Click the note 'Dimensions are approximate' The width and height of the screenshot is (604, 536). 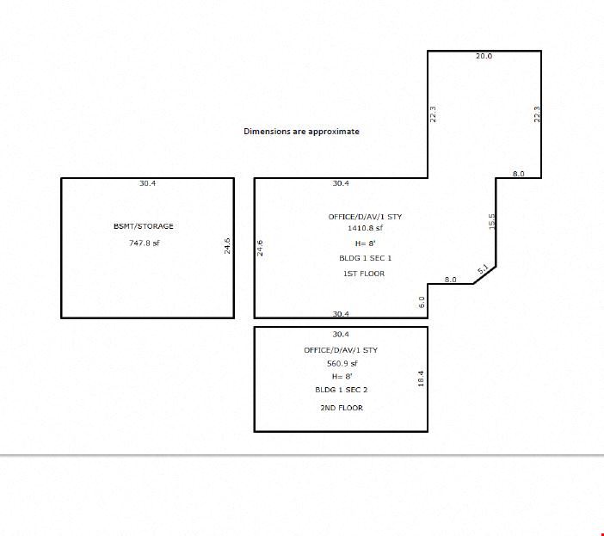click(x=301, y=132)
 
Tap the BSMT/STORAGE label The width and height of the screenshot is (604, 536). click(x=144, y=226)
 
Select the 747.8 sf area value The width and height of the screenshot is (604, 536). click(x=144, y=243)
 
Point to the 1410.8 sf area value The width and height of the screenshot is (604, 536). click(x=365, y=228)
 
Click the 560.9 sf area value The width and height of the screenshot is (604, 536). click(x=342, y=363)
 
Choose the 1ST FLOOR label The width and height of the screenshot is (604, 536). click(x=364, y=274)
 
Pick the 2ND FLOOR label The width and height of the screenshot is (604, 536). click(x=342, y=408)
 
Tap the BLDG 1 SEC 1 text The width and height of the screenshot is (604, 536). click(x=365, y=258)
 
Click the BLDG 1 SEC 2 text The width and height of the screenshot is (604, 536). click(x=342, y=390)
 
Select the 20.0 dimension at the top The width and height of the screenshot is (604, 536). click(x=484, y=56)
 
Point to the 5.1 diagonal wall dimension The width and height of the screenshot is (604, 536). click(x=483, y=268)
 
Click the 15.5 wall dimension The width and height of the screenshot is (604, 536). click(x=491, y=221)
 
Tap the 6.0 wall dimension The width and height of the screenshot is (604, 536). click(x=422, y=302)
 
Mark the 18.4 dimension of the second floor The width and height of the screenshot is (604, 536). click(x=421, y=379)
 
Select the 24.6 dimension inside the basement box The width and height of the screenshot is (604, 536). click(x=227, y=246)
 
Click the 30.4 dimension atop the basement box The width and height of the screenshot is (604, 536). click(x=147, y=183)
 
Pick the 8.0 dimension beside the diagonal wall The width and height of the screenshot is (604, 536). click(x=450, y=280)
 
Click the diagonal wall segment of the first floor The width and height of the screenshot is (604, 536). click(x=484, y=275)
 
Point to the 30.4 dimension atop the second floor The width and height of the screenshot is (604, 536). click(x=341, y=334)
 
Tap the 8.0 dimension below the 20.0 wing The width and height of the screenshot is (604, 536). click(x=519, y=174)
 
